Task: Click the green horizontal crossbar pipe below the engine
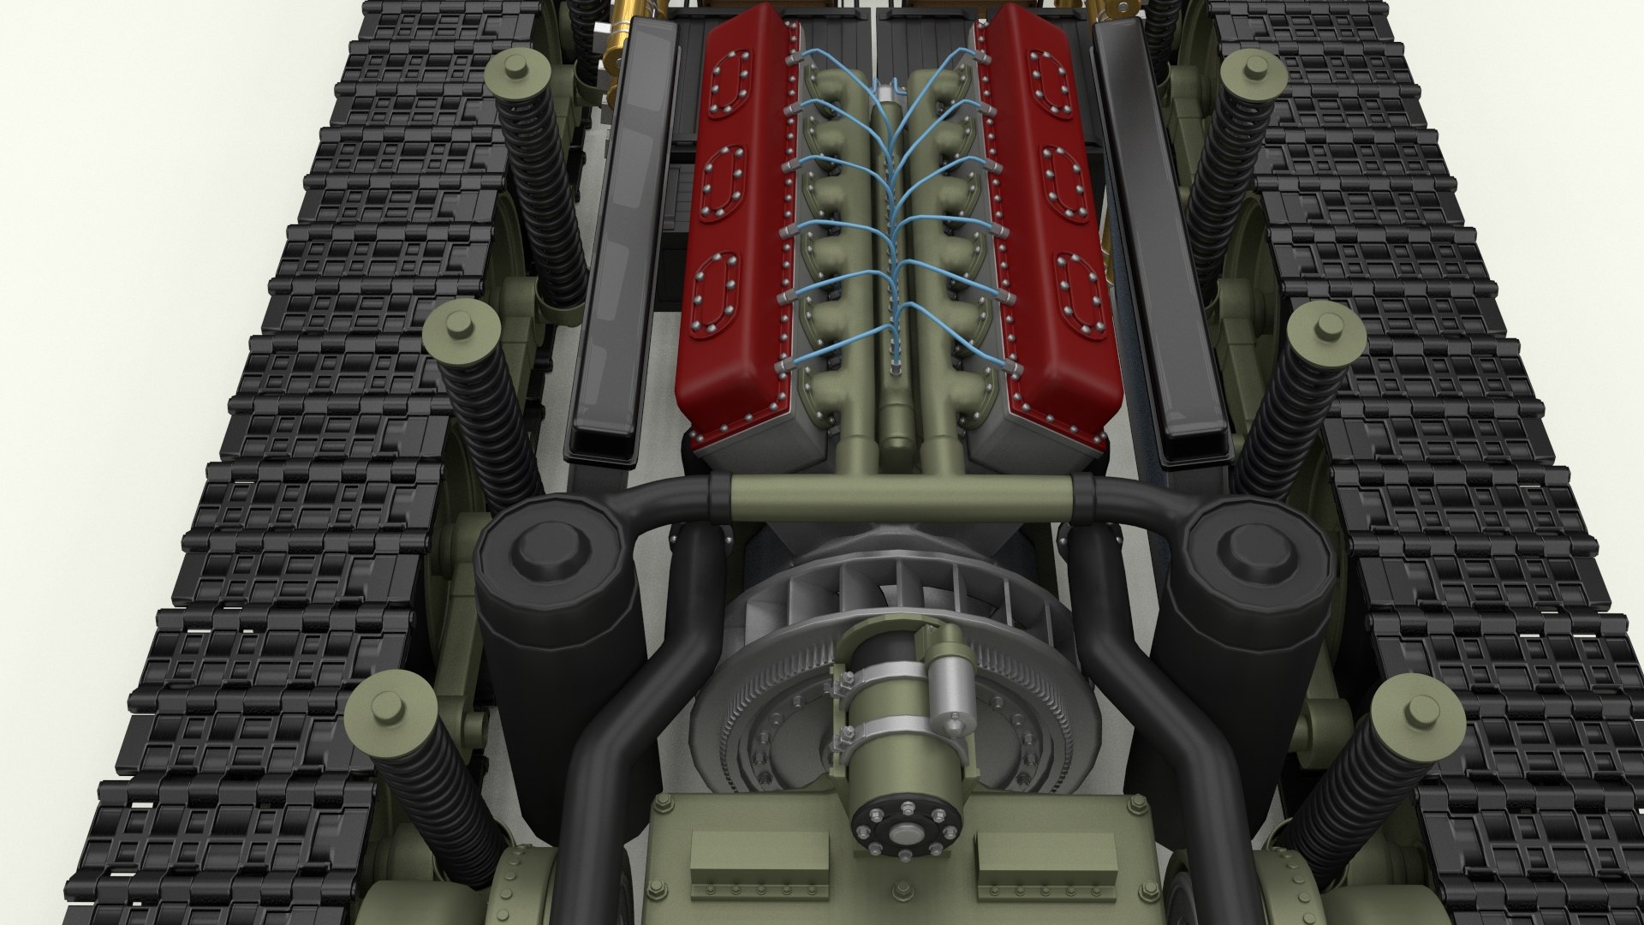pos(899,496)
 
